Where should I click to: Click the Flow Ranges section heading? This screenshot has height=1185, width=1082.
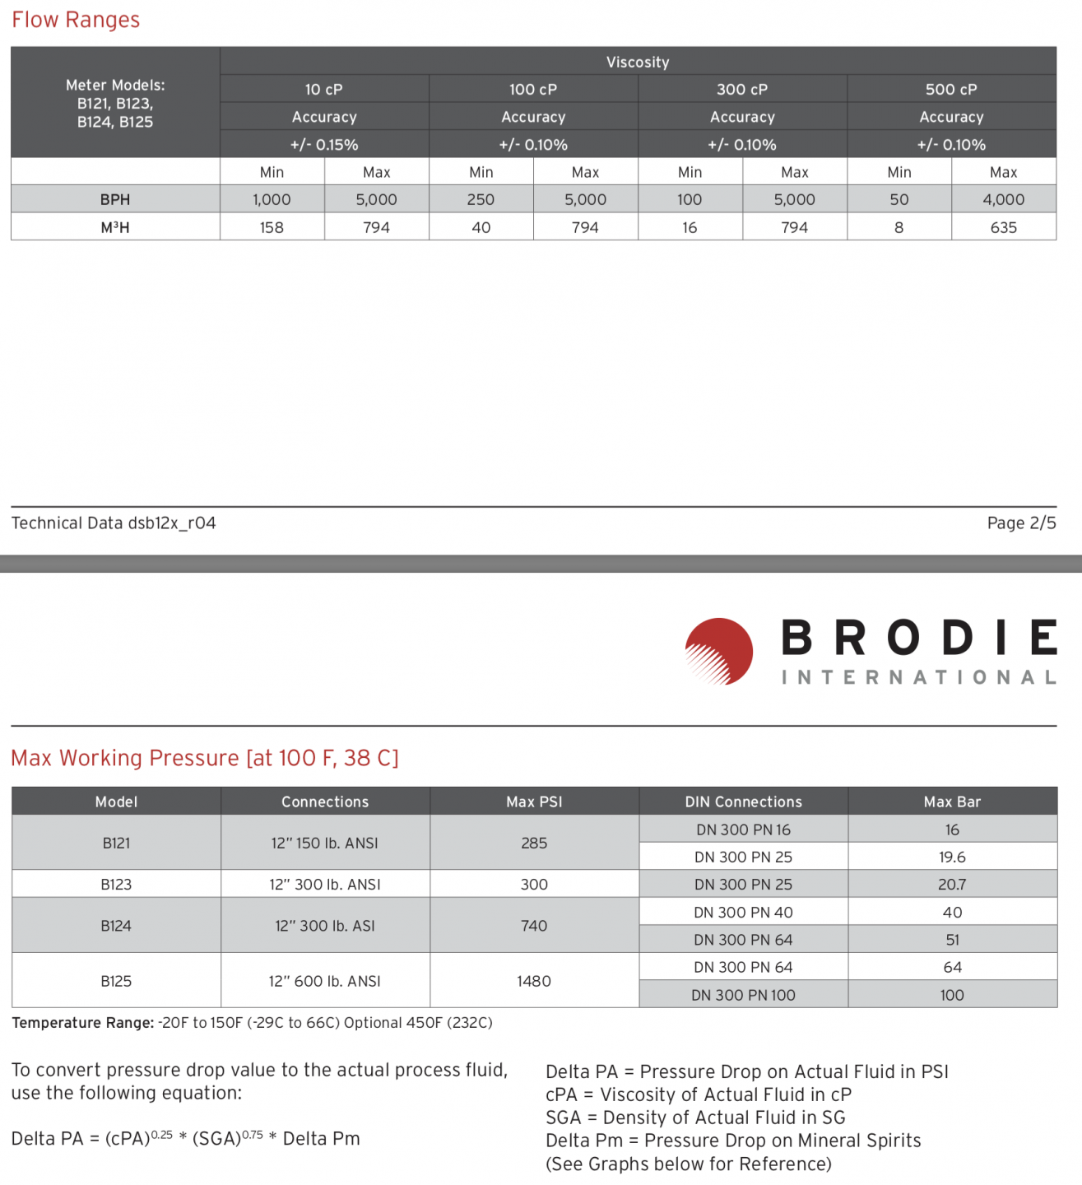[76, 20]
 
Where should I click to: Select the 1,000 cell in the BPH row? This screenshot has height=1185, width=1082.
[272, 200]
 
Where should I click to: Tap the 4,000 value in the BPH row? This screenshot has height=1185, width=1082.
[1003, 200]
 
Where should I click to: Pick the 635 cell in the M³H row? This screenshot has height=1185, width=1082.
[1003, 227]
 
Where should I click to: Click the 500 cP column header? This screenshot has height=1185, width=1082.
[951, 90]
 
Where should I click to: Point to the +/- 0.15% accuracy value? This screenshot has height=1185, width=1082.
[324, 145]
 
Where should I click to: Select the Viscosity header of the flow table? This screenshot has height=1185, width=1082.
[638, 63]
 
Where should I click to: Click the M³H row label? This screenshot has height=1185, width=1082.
[115, 227]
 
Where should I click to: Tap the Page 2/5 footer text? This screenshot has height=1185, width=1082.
[1021, 523]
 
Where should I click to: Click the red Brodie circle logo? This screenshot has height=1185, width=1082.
[719, 651]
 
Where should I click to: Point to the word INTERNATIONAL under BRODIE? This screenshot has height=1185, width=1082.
[918, 677]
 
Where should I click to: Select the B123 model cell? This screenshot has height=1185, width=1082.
[116, 885]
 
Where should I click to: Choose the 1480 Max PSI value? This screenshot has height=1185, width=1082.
[534, 981]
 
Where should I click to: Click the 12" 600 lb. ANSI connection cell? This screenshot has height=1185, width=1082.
[325, 981]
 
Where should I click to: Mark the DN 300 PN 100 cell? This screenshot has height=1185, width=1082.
[743, 995]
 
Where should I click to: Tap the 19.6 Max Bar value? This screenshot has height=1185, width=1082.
[952, 857]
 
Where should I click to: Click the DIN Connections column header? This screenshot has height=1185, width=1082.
[743, 802]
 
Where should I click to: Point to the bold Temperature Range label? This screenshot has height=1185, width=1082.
[82, 1023]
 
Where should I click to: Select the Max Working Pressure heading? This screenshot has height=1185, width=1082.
[205, 758]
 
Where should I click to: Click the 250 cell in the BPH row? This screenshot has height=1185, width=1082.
[481, 200]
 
